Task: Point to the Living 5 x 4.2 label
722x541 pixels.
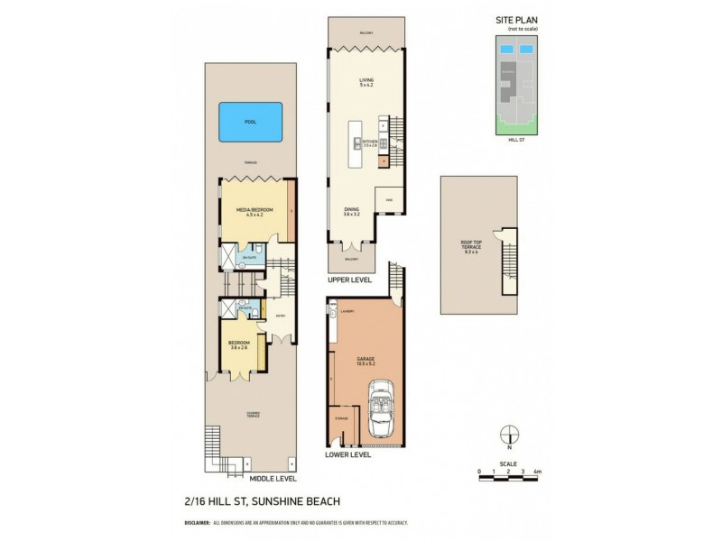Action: coord(366,83)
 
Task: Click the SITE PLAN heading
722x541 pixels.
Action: coord(515,20)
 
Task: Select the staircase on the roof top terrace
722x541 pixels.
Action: coord(510,261)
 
